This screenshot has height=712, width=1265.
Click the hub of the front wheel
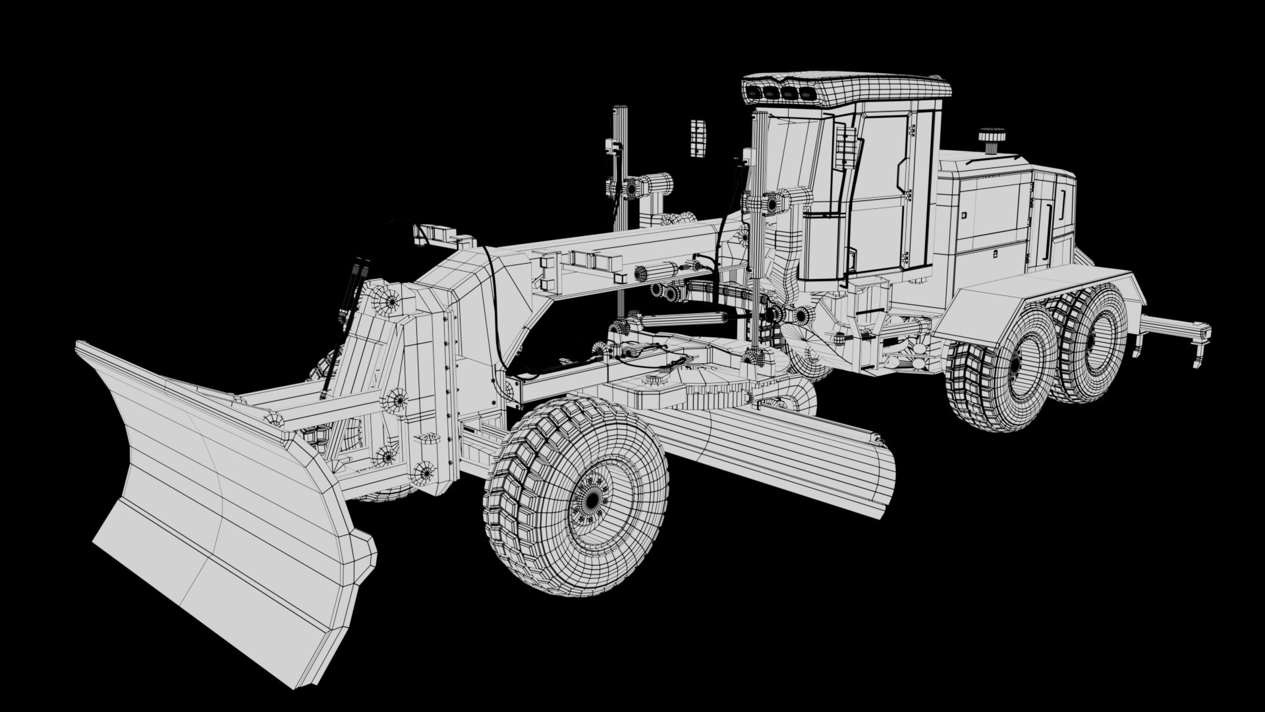point(592,499)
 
